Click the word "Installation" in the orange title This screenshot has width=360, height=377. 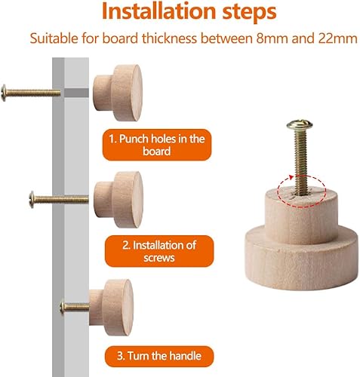tap(158, 11)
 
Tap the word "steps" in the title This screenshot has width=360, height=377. tap(249, 13)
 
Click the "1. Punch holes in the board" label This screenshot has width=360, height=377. tap(157, 145)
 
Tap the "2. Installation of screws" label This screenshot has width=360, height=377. tap(159, 251)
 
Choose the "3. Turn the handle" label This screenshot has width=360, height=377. tap(159, 356)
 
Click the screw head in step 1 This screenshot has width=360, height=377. tap(4, 93)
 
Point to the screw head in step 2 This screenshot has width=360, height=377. tap(32, 199)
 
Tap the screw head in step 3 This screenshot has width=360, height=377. tap(62, 308)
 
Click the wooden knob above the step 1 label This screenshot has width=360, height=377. tap(118, 93)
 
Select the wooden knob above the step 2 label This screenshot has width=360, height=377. tap(118, 200)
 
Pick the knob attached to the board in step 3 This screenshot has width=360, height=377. tap(111, 308)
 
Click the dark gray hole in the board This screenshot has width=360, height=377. tap(76, 93)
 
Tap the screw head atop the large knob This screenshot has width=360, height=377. tap(300, 124)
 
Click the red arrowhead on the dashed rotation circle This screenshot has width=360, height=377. tap(291, 177)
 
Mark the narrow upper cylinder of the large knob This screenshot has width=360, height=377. tap(301, 216)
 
